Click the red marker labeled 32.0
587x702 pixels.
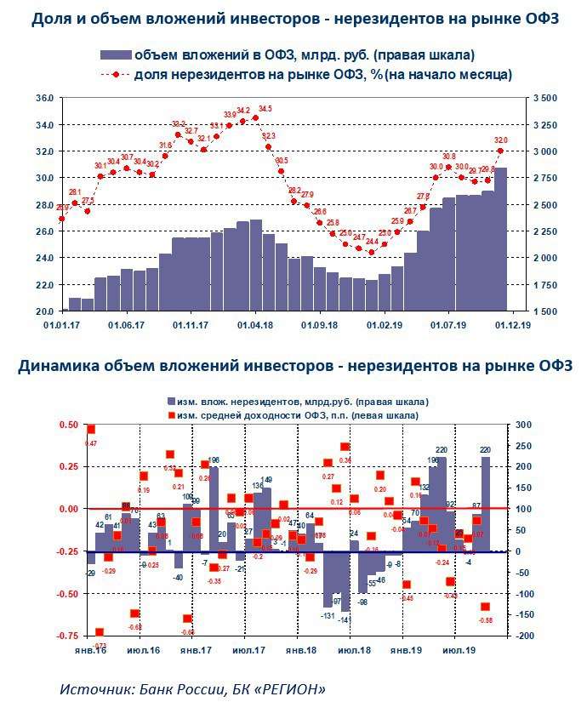click(500, 151)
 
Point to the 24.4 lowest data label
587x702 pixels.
click(372, 242)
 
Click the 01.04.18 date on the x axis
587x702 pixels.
click(254, 324)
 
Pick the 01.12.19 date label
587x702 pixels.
click(514, 324)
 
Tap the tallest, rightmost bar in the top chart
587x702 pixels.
click(501, 238)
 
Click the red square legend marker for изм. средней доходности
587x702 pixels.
click(171, 415)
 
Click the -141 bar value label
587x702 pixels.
click(345, 620)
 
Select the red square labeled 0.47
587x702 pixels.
click(91, 430)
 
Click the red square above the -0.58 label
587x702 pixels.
click(486, 607)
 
